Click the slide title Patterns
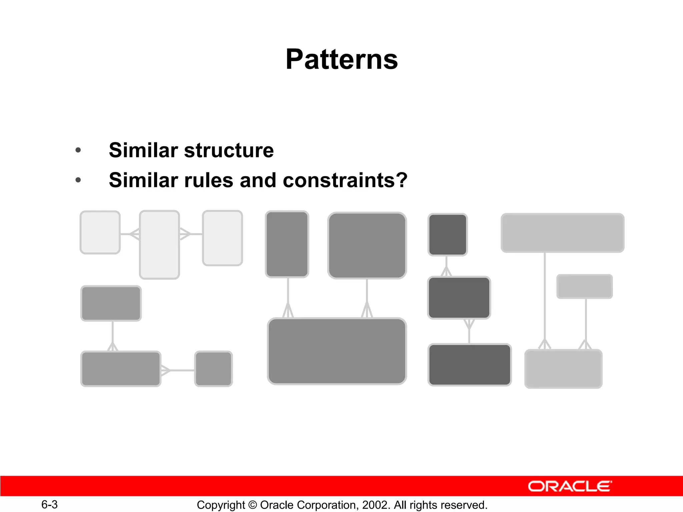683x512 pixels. coord(341,59)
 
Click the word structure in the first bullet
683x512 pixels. coord(229,150)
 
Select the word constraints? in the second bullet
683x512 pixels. coord(345,180)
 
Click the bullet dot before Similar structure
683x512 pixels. coord(78,150)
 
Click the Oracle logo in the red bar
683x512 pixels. coord(570,486)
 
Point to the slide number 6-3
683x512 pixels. coord(49,504)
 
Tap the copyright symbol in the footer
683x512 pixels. coord(252,505)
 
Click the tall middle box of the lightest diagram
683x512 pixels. coord(159,245)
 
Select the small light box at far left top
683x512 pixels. coord(100,232)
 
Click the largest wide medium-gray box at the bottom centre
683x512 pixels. coord(337,351)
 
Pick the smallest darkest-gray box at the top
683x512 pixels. coord(448,235)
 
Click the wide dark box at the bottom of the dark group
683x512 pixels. coord(470,365)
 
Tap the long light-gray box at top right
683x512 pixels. coord(562,233)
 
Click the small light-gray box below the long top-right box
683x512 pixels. coord(584,286)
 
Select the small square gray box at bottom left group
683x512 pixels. coord(213,369)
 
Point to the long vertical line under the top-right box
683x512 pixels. coord(545,297)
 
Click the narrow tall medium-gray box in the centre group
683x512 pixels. coord(287,244)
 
